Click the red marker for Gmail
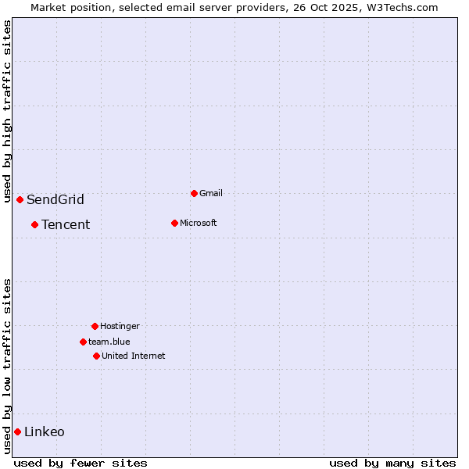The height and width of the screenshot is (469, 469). pos(194,193)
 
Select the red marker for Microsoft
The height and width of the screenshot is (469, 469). pos(174,223)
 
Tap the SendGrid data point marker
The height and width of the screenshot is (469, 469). pos(20,199)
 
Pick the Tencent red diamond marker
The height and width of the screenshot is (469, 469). pos(34,224)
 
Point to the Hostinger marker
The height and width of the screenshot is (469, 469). pos(95,326)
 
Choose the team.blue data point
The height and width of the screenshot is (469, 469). pos(83,342)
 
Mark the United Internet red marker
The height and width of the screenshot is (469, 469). pos(96,356)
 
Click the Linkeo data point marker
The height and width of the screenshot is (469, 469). pos(17,431)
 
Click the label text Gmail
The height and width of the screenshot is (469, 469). pos(211,193)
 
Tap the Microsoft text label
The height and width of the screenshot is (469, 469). pos(199,223)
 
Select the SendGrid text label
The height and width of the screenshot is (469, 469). pos(55,199)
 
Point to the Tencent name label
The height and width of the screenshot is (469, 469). pos(66,224)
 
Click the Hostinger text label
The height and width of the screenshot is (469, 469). pos(120,326)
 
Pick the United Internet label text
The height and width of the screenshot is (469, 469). pos(134,356)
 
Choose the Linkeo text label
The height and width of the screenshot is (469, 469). pos(45,431)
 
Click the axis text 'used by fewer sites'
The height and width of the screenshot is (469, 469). pos(81,463)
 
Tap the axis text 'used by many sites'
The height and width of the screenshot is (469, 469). pos(392,463)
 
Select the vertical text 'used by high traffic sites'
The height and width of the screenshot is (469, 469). pos(7,112)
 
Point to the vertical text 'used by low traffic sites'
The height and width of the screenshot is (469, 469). pos(7,366)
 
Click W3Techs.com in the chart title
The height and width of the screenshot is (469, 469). pos(401,7)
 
